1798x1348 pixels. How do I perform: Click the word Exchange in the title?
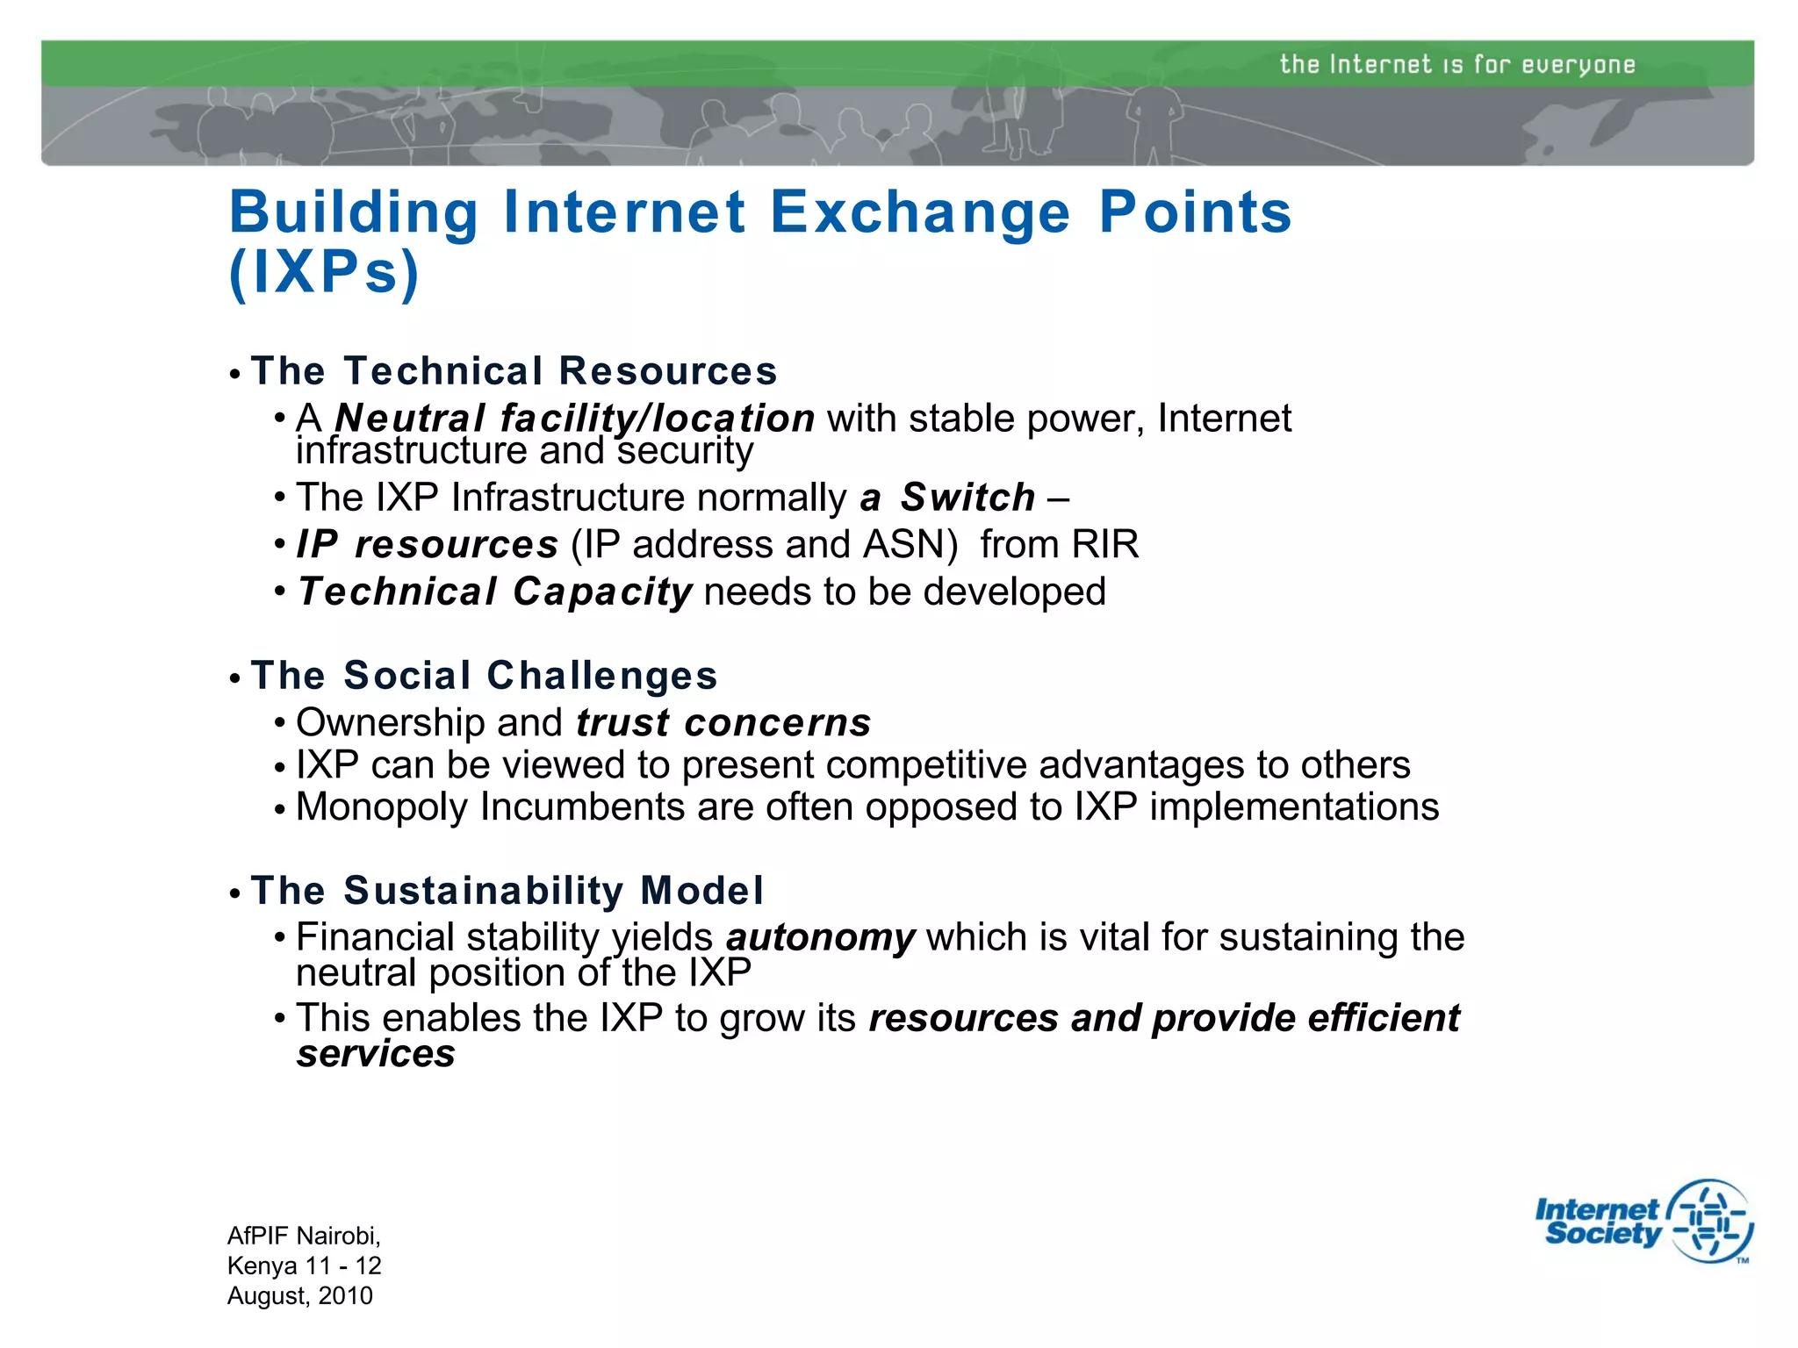(x=920, y=212)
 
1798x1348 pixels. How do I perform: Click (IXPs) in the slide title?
(x=325, y=272)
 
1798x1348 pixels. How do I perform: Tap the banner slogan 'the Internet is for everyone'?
(x=1456, y=64)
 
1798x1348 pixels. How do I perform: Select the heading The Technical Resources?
(x=514, y=370)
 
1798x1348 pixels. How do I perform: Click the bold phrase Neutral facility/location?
(x=575, y=418)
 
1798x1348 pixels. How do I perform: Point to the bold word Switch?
(x=968, y=498)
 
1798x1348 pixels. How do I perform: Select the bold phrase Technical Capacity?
(x=495, y=592)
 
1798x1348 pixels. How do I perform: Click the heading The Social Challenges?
(x=484, y=675)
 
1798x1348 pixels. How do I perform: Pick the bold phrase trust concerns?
(x=723, y=722)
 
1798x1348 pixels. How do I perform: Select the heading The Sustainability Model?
(x=507, y=890)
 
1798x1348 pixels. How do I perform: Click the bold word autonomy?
(x=820, y=937)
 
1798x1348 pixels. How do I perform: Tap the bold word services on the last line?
(x=376, y=1054)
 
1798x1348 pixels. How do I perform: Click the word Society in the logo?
(x=1602, y=1234)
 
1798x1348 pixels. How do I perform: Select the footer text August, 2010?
(x=300, y=1296)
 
